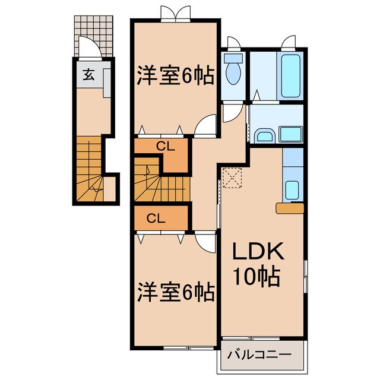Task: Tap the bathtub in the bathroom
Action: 291,76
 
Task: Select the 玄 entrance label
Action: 88,75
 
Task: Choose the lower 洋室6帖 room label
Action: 176,292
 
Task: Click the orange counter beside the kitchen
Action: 290,207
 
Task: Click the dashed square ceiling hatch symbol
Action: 231,176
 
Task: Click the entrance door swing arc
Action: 88,47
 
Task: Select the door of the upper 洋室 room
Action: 205,126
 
